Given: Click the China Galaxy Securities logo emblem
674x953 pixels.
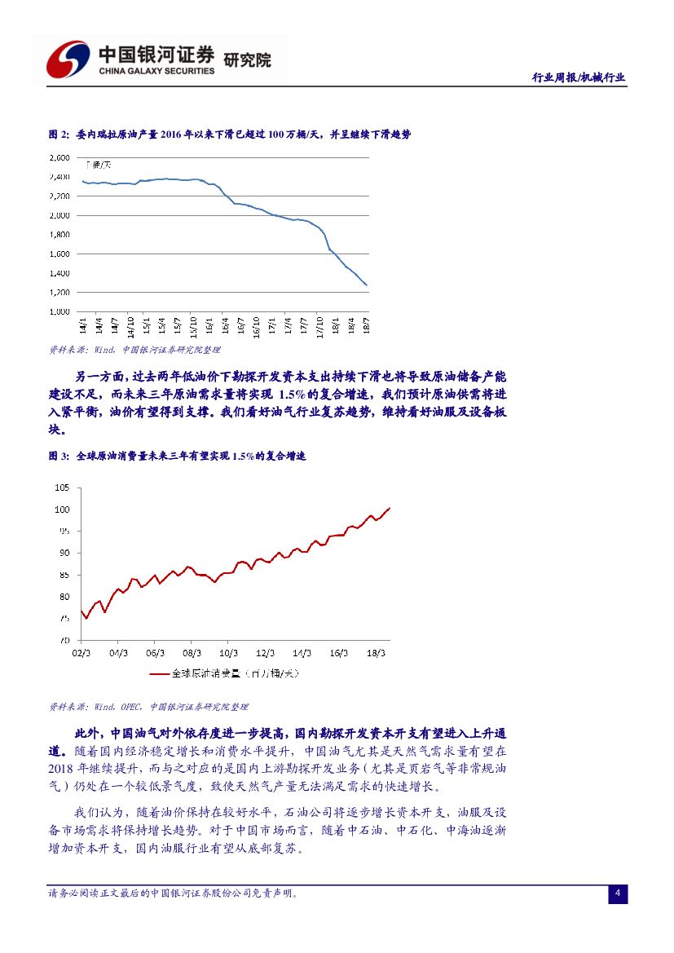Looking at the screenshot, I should [x=68, y=59].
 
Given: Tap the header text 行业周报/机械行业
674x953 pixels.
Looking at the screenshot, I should [x=578, y=77].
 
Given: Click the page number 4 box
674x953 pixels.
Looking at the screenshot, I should [x=618, y=894].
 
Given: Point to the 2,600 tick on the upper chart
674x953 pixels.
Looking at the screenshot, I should [x=59, y=157].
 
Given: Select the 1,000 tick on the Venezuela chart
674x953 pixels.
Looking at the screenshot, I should [x=59, y=311].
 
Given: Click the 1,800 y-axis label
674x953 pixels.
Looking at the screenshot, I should [x=59, y=235].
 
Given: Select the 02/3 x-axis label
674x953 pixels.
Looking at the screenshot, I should [x=81, y=653].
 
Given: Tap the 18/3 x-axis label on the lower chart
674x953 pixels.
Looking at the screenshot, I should [x=377, y=653].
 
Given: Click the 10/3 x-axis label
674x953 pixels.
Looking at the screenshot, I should [x=229, y=653].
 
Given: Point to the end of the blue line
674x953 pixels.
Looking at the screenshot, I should [x=367, y=285].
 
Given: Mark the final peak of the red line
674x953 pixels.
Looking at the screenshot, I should [x=390, y=508].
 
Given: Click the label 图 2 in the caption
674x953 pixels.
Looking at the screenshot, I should [x=58, y=135].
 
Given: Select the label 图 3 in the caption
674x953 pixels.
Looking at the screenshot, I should [x=58, y=457].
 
